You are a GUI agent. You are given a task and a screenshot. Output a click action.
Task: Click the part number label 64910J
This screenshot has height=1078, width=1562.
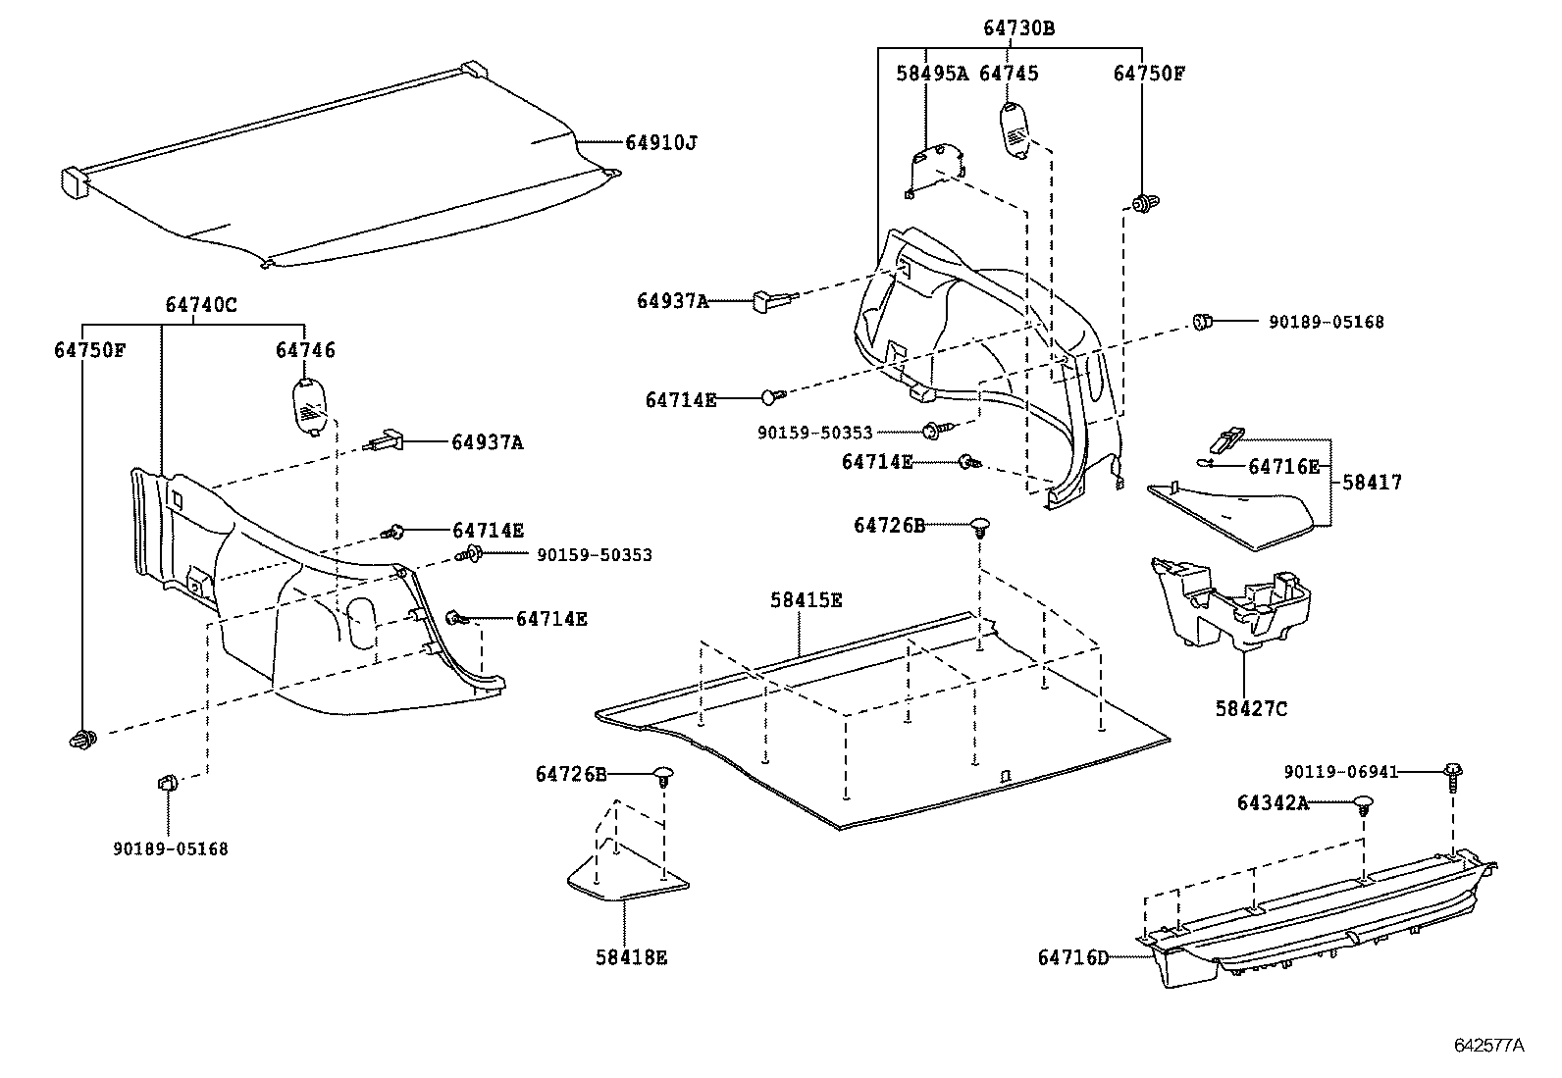coord(660,143)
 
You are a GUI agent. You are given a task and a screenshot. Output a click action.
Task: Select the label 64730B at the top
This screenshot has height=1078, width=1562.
coord(1018,29)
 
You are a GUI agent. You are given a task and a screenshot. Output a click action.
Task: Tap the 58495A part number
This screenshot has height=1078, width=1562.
coord(931,74)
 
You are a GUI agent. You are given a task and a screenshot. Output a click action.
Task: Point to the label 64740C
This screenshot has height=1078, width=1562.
coord(200,305)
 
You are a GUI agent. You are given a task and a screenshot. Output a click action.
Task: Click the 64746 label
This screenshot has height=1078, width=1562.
coord(305,350)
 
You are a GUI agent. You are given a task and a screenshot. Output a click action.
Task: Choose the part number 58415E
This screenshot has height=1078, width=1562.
coord(806,600)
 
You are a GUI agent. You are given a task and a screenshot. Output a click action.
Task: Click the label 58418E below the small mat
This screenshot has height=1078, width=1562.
coord(631,957)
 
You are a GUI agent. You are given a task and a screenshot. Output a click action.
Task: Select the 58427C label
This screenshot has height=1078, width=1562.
coord(1250,708)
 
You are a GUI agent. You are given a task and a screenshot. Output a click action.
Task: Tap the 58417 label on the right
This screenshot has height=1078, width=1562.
coord(1372,483)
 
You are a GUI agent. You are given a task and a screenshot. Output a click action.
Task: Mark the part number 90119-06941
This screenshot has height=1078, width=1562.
coord(1341,772)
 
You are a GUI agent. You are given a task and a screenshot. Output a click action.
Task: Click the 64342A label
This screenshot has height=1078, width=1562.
coord(1273,803)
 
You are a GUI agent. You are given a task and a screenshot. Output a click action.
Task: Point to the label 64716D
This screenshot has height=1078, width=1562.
coord(1072,956)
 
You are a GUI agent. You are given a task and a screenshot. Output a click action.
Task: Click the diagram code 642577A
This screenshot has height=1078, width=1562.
coord(1488,1045)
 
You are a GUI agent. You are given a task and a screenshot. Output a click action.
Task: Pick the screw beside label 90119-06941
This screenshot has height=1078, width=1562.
coord(1453,777)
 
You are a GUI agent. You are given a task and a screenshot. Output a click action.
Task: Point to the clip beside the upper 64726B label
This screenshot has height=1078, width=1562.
coord(980,527)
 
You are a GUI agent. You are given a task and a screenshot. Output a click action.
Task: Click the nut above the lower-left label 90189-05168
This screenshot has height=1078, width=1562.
coord(167,782)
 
